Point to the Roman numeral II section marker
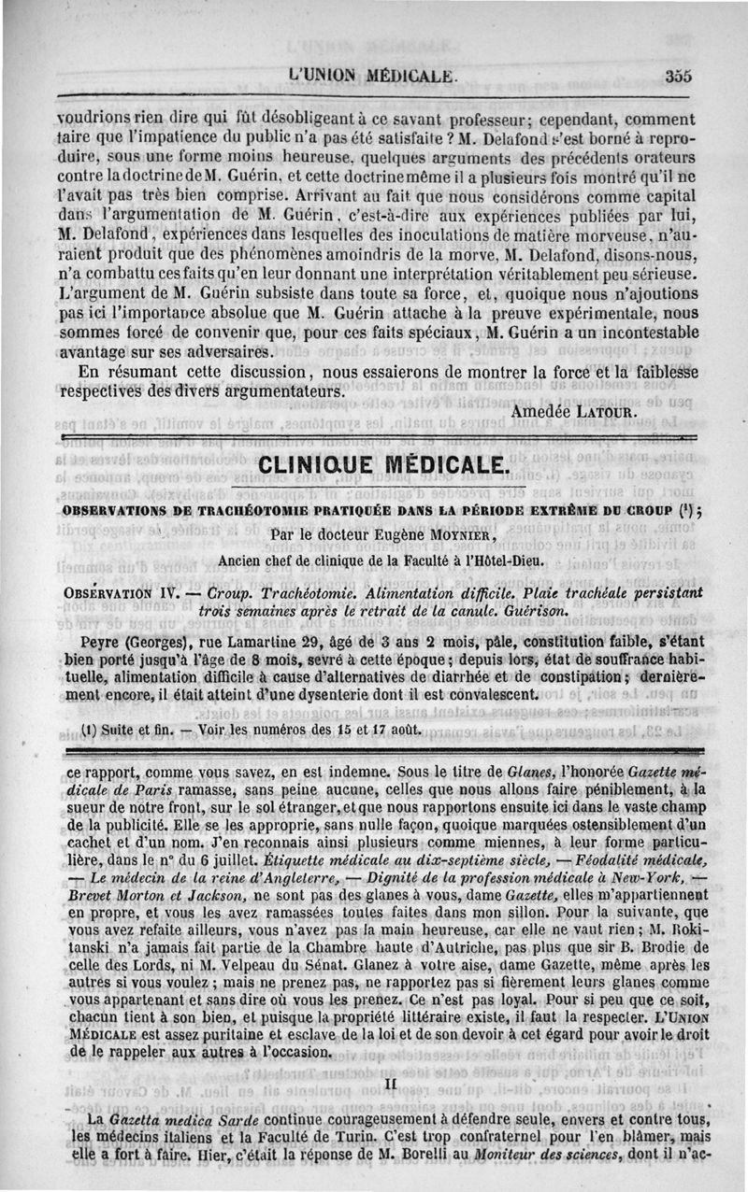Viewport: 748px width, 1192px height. pos(391,1084)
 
